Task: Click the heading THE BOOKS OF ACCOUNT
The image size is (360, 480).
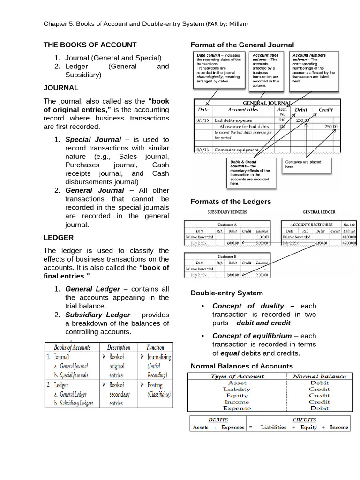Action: (90, 45)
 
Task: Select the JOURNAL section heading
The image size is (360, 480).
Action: (61, 88)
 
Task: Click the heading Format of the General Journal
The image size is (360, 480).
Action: (242, 45)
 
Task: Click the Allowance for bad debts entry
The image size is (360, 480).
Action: (244, 127)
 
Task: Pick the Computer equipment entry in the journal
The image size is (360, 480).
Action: (236, 150)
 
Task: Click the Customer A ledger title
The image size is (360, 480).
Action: (227, 225)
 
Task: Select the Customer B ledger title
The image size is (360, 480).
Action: (227, 257)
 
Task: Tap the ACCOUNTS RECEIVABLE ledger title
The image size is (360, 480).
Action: (311, 225)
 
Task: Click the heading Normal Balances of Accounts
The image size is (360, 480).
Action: (241, 366)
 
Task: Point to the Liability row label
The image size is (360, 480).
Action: (237, 389)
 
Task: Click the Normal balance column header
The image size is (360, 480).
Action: (319, 376)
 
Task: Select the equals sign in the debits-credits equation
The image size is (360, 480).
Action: (251, 427)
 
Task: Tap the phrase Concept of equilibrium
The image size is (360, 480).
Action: (252, 336)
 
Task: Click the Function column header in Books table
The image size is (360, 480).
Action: (155, 347)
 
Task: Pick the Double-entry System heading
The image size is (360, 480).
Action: (226, 293)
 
